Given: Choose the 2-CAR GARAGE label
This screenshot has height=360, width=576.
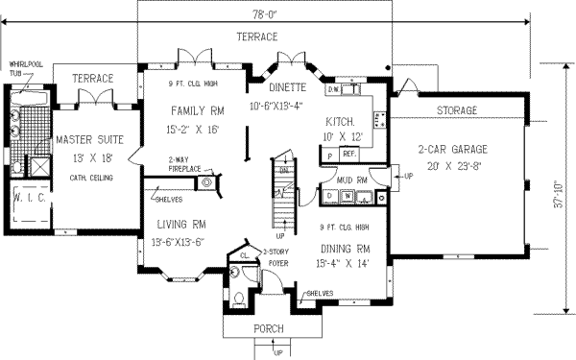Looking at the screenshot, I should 453,149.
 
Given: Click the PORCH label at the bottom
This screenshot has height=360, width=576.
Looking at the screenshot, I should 268,329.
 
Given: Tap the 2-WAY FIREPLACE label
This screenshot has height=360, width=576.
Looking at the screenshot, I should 184,165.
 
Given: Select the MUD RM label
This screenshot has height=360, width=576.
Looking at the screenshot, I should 340,179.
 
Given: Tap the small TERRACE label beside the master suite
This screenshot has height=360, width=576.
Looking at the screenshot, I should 94,78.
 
